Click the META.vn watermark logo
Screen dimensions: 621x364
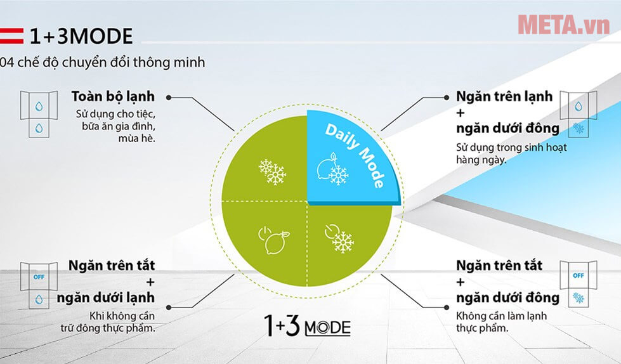(x=563, y=25)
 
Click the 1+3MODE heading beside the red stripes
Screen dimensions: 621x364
(x=81, y=36)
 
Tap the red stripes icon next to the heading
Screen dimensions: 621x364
(x=11, y=36)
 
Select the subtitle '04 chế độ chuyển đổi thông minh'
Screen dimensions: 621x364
(x=102, y=62)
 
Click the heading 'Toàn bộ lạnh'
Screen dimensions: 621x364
(x=114, y=96)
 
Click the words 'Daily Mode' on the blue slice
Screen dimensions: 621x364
(x=355, y=155)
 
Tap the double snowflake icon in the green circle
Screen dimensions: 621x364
(x=272, y=172)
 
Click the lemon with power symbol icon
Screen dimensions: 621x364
(x=273, y=240)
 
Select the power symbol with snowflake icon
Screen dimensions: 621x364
(x=339, y=238)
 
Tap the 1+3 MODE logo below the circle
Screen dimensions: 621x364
(x=308, y=326)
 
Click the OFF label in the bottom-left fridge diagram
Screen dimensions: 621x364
(x=39, y=277)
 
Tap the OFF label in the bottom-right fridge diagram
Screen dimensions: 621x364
(x=579, y=275)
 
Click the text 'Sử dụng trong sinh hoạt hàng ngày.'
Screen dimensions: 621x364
(x=511, y=153)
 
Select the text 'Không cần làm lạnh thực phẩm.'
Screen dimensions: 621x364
(x=501, y=322)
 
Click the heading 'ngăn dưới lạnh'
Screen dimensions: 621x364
(x=106, y=297)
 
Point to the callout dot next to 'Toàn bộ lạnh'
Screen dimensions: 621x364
(x=169, y=98)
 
